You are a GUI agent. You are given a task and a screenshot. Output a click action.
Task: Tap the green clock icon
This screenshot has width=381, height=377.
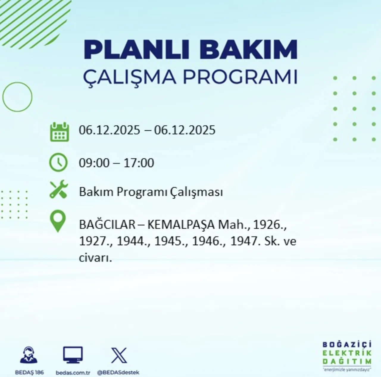point(58,162)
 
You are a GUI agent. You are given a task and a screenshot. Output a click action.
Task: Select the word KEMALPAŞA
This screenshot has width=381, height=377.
point(181,225)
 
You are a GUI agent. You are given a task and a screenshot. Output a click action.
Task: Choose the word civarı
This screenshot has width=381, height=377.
point(95,257)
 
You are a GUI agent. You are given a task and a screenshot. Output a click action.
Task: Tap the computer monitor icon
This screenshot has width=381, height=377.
point(73,355)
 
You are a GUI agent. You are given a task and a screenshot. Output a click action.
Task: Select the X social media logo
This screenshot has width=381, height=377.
point(119,355)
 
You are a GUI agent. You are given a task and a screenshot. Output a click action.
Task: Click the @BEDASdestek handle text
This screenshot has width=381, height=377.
point(118,373)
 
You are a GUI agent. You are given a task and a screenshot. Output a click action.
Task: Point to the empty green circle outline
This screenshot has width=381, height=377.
point(17,97)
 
